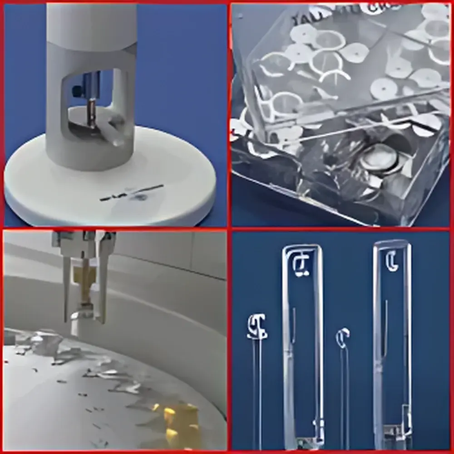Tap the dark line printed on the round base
click(132, 192)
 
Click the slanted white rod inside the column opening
click(111, 132)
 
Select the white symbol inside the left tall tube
click(301, 266)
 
